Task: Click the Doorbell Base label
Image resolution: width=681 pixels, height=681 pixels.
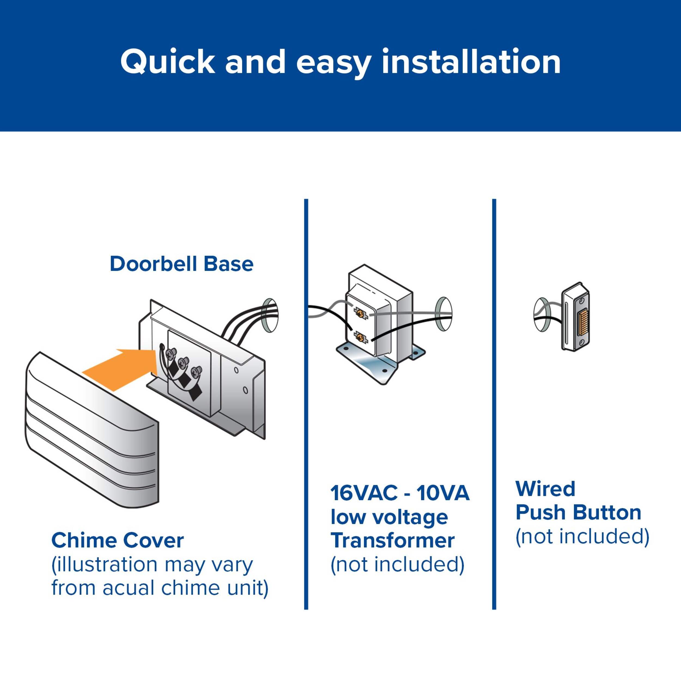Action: [x=181, y=264]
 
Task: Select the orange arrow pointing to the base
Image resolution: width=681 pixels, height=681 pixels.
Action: [x=120, y=368]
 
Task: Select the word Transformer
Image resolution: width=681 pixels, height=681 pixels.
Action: [x=392, y=541]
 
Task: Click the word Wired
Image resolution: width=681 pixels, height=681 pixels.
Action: [x=545, y=489]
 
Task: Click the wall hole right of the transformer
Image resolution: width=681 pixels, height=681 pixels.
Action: [x=444, y=315]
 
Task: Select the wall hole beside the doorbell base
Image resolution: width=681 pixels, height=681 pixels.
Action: [x=270, y=315]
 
